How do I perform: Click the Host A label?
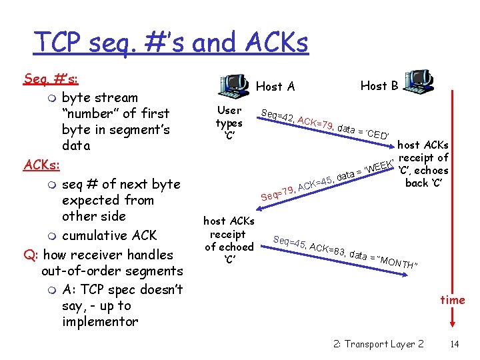[275, 86]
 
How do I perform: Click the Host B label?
[379, 85]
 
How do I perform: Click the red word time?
[453, 300]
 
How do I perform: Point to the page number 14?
[455, 344]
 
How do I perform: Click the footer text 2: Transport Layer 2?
[378, 344]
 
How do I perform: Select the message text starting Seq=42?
[327, 123]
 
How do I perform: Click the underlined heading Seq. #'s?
[51, 79]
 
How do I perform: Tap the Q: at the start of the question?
[31, 255]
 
